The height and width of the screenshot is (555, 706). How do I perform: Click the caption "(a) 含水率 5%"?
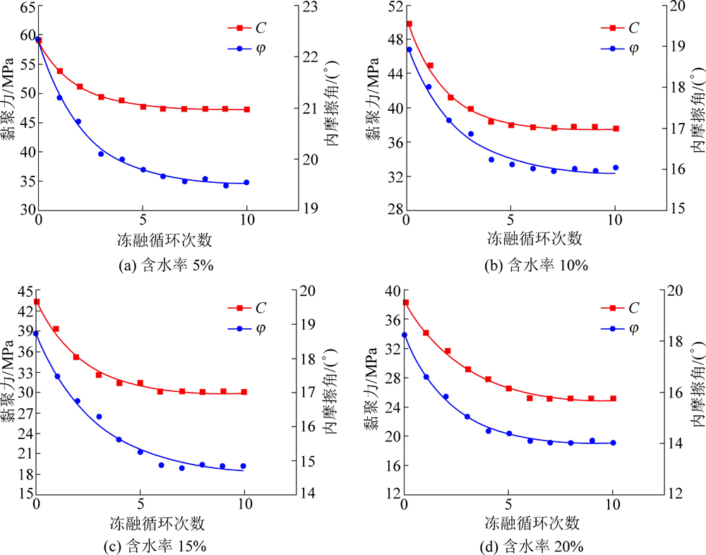pyautogui.click(x=164, y=266)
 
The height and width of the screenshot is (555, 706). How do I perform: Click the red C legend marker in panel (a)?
pyautogui.click(x=239, y=28)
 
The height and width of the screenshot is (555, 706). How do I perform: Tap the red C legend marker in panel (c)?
pyautogui.click(x=239, y=308)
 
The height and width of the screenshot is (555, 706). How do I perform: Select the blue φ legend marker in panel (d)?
pyautogui.click(x=612, y=328)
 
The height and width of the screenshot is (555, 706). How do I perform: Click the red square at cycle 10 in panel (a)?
pyautogui.click(x=247, y=109)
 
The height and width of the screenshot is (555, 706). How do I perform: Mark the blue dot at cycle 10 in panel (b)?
pyautogui.click(x=616, y=168)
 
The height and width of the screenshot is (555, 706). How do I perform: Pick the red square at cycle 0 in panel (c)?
pyautogui.click(x=37, y=302)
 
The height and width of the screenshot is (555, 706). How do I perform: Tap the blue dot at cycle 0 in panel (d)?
pyautogui.click(x=405, y=335)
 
